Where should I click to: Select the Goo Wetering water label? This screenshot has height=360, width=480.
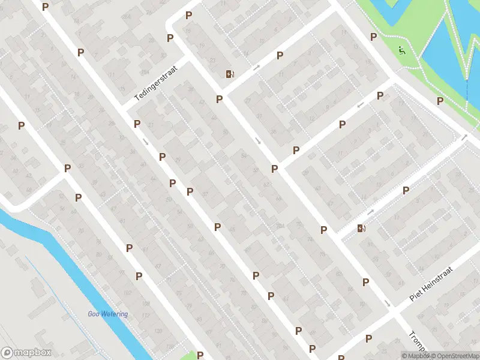point(107,314)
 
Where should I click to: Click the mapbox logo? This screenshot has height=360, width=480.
point(26,353)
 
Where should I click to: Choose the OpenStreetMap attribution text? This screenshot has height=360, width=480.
point(454,356)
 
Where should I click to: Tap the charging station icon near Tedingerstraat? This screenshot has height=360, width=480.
point(229,74)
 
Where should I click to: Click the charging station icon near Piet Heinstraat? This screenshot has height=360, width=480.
point(361,228)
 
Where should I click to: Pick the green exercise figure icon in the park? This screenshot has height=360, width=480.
point(401,50)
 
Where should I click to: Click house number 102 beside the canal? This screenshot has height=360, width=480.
point(127,292)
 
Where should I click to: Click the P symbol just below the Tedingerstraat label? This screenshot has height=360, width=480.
point(137,124)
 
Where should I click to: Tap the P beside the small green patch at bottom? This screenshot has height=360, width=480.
point(200,355)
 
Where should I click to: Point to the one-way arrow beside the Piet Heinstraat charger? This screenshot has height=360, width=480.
point(371,212)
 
